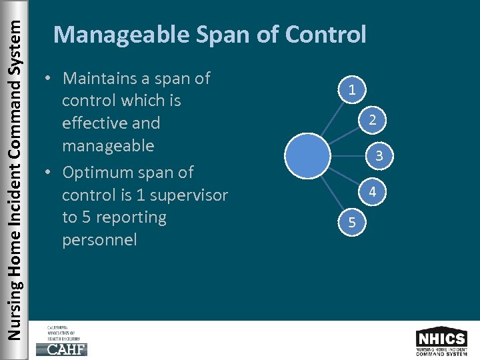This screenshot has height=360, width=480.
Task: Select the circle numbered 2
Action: pos(373,120)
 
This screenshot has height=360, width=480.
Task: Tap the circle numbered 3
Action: pos(378,156)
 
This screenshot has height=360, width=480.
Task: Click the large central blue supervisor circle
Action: pos(307,156)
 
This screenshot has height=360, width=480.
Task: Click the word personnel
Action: pos(99,240)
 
